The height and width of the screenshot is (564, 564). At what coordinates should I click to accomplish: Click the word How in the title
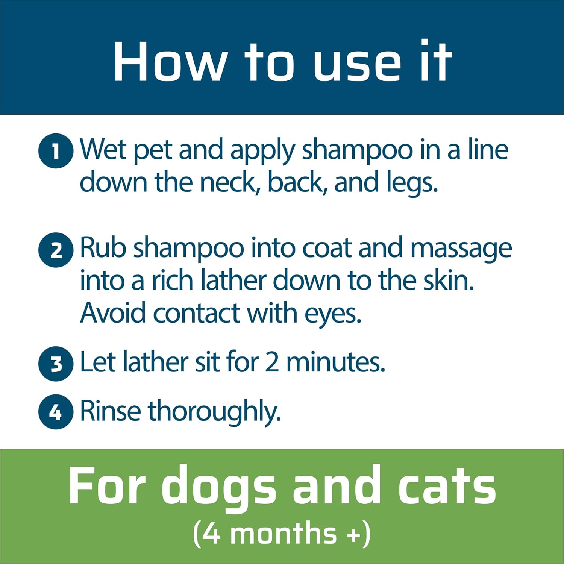click(x=170, y=62)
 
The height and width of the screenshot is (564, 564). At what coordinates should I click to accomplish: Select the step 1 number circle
click(x=56, y=151)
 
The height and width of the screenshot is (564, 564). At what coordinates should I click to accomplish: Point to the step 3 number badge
click(x=56, y=364)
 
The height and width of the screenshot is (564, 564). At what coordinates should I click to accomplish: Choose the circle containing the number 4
click(x=56, y=412)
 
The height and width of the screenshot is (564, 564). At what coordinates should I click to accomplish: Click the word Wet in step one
click(x=104, y=149)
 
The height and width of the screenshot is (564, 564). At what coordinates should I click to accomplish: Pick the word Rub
click(x=103, y=248)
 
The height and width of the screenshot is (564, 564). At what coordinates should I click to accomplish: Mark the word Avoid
click(x=113, y=313)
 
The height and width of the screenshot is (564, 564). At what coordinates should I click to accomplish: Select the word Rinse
click(x=111, y=411)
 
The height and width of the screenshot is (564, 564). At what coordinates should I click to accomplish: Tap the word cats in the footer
click(x=447, y=485)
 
